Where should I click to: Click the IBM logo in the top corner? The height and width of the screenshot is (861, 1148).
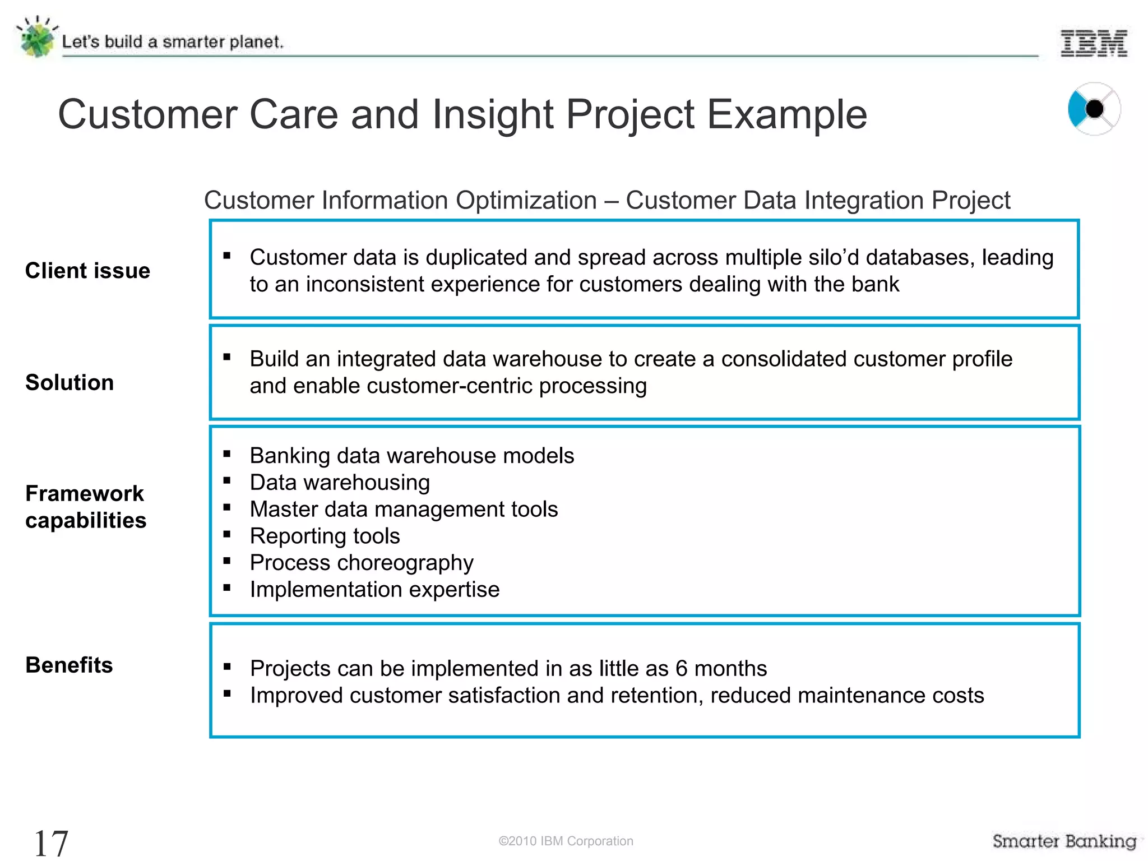(1094, 43)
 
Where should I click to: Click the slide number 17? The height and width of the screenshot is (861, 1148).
(51, 843)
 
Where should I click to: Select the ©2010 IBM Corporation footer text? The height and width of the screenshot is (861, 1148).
(566, 841)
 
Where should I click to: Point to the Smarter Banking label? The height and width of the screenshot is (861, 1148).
(1064, 841)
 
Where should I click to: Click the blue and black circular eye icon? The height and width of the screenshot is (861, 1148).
(1093, 109)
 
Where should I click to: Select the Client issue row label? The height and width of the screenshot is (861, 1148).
(87, 271)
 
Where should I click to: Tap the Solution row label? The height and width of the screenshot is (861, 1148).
(70, 382)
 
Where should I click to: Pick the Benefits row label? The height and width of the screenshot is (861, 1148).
(69, 665)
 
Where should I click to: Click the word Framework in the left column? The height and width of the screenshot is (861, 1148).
(85, 493)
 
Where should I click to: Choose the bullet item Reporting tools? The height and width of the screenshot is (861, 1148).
(325, 536)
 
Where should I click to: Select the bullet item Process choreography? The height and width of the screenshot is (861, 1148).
(362, 563)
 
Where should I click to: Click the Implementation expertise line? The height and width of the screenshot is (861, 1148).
(374, 590)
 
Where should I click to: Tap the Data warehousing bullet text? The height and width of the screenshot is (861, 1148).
(340, 483)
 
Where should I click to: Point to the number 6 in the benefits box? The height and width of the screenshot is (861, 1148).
(681, 669)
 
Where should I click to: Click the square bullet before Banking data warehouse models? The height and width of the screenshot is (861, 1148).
(227, 454)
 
